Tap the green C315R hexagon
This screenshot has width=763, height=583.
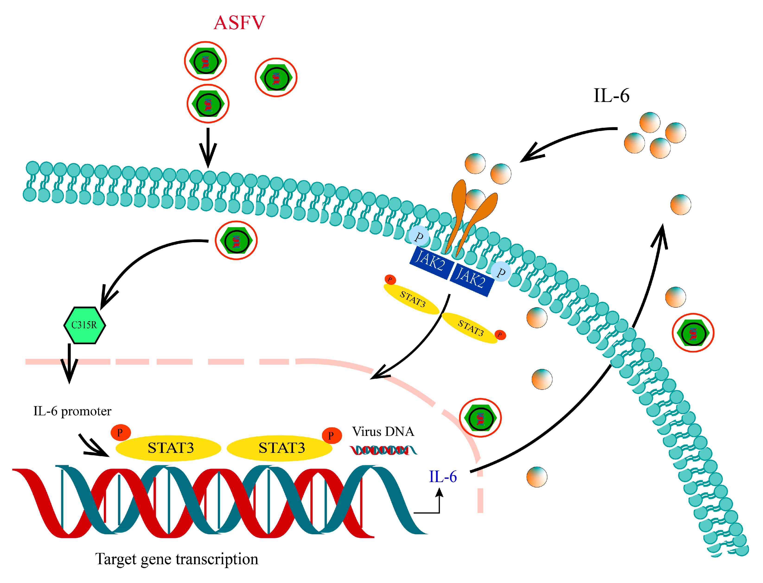84,325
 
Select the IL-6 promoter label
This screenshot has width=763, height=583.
72,411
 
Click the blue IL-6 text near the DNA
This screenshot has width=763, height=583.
443,477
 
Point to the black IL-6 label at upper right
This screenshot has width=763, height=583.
611,96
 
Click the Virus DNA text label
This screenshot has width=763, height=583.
383,432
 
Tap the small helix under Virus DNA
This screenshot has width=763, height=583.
383,450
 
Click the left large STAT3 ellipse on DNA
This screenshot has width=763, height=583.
169,448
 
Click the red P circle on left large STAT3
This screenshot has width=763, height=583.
120,433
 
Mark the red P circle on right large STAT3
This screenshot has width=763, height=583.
331,436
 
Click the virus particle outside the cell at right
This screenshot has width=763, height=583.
693,333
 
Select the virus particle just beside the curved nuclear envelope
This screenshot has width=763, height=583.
480,418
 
